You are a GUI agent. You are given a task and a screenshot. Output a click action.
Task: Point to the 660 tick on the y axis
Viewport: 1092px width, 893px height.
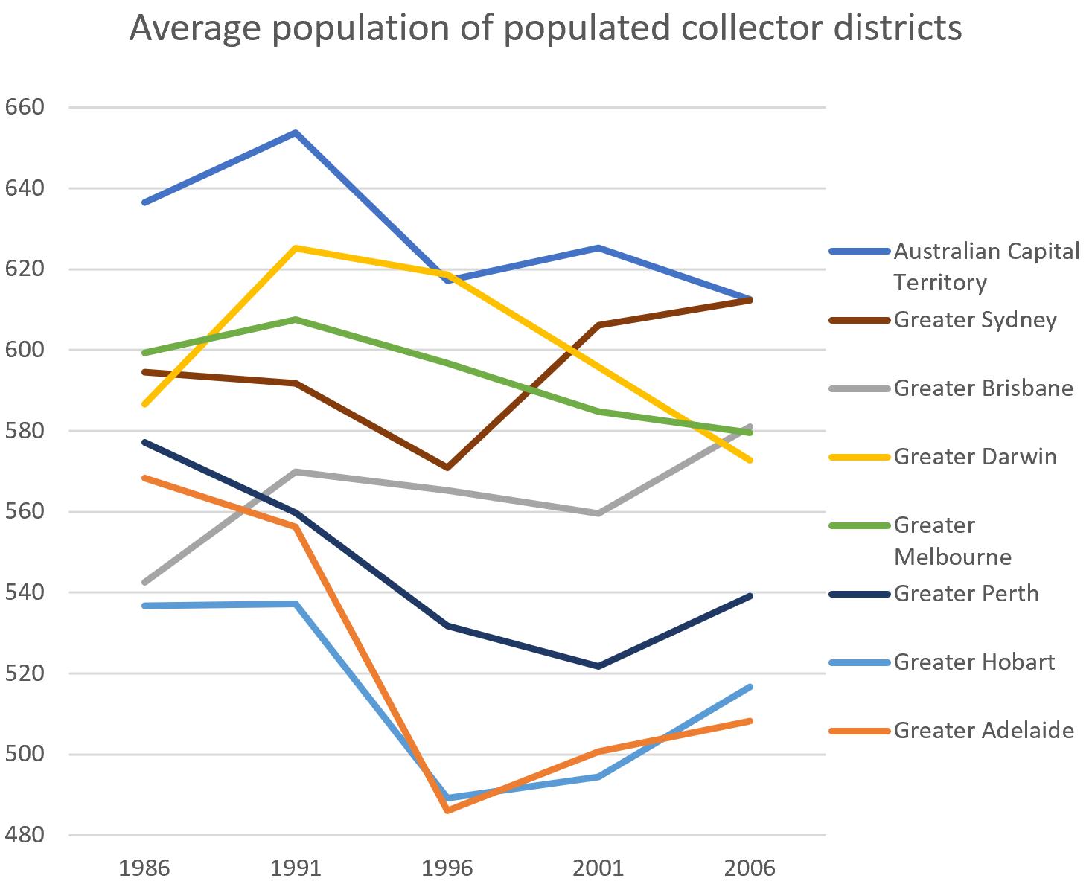(x=25, y=107)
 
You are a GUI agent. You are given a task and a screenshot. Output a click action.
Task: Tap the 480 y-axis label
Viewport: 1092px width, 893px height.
(x=25, y=836)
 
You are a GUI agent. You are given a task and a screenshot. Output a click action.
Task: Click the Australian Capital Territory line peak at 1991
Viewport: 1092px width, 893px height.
(x=296, y=132)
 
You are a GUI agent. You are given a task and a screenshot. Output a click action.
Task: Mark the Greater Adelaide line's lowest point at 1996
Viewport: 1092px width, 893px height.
(x=447, y=810)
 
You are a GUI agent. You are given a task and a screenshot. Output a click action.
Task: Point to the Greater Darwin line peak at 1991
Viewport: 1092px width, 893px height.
(x=296, y=248)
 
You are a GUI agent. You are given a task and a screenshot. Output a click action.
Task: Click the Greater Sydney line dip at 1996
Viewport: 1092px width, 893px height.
(x=447, y=468)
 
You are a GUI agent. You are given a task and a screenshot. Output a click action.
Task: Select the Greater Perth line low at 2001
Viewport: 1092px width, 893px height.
(x=598, y=666)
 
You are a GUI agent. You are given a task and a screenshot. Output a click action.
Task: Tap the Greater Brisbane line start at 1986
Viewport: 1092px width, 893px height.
(x=144, y=582)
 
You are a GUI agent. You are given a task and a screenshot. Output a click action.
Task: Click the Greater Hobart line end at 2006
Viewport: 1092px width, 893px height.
(x=750, y=686)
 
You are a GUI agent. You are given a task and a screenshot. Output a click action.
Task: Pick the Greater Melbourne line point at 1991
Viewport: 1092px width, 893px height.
(x=296, y=319)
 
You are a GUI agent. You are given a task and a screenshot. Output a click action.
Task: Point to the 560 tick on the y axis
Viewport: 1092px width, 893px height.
(x=25, y=512)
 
